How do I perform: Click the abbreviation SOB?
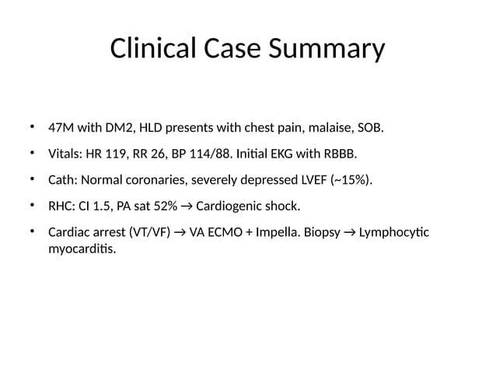pyautogui.click(x=371, y=127)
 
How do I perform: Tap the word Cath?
pyautogui.click(x=61, y=181)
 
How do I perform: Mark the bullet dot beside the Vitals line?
pyautogui.click(x=33, y=153)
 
